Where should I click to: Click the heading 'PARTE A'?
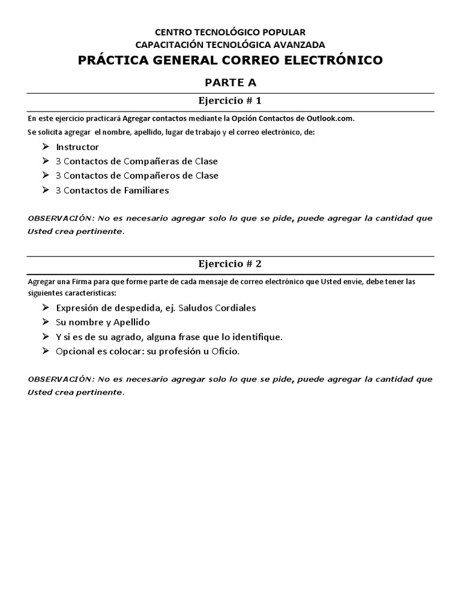[230, 82]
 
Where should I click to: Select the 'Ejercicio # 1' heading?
[230, 100]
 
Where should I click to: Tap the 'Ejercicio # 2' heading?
[230, 263]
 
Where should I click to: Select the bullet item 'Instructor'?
[77, 147]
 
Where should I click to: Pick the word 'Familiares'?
[147, 190]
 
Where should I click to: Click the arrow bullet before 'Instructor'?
[46, 146]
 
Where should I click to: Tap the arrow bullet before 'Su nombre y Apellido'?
[46, 321]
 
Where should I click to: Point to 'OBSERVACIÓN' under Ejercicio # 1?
[57, 218]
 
